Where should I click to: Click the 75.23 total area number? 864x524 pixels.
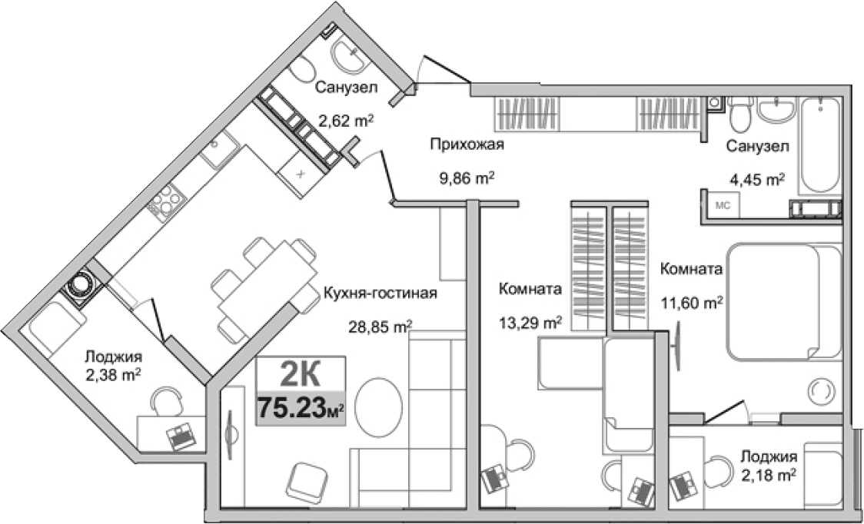click(x=292, y=406)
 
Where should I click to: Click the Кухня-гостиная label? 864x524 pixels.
click(x=380, y=294)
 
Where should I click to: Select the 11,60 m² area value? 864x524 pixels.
click(x=691, y=303)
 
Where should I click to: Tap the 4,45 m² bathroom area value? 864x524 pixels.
click(x=756, y=179)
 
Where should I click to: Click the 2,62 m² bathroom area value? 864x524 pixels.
click(x=346, y=120)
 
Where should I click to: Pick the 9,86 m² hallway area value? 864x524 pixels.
click(x=464, y=178)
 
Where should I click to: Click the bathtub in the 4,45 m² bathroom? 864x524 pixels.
click(x=819, y=146)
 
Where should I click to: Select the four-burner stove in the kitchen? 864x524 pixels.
click(x=165, y=202)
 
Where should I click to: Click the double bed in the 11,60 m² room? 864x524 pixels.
click(x=780, y=301)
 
